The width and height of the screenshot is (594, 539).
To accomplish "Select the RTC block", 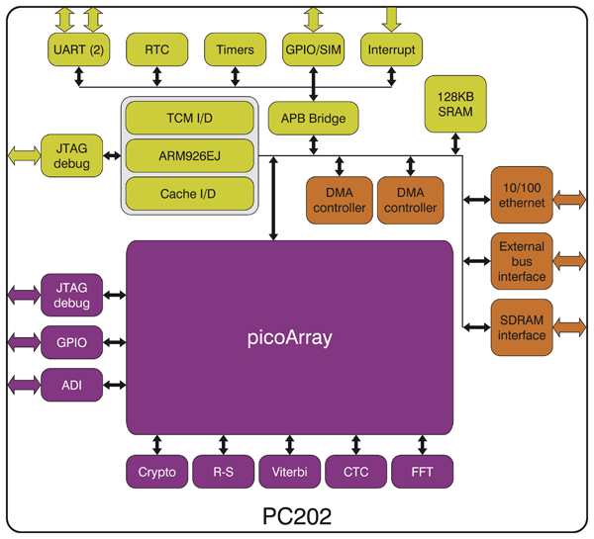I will pos(156,49).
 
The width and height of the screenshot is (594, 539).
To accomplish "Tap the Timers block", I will pos(235,49).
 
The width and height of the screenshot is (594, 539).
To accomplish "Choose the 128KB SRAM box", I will pos(454,105).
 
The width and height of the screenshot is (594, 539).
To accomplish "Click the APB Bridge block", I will pos(313,120).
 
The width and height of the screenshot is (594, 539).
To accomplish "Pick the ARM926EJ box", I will pos(188,155).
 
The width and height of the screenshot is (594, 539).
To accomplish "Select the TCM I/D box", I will pos(188,119).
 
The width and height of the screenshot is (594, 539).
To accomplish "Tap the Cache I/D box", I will pos(188,192).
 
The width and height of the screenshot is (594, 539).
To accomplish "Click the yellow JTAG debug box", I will pos(71,155).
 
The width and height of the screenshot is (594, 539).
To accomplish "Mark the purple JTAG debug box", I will pos(71,295).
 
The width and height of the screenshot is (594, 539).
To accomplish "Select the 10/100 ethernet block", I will pos(522,195).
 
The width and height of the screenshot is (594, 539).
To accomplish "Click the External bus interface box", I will pos(522,261).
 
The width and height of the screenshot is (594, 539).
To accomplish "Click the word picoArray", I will pos(288,338).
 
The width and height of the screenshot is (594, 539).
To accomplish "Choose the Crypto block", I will pos(157,472).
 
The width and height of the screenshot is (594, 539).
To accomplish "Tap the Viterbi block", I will pos(288,472).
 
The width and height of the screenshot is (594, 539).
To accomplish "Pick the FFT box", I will pos(423,472).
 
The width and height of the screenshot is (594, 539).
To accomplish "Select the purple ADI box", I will pos(71,384).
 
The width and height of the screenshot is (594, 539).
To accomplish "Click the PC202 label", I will pos(296,517).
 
